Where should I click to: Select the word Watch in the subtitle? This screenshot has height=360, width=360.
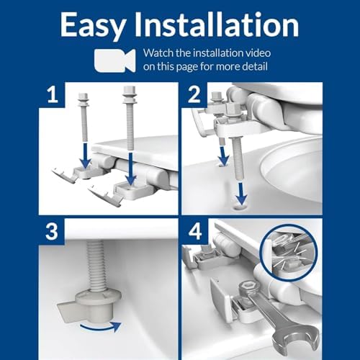tap(161, 53)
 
